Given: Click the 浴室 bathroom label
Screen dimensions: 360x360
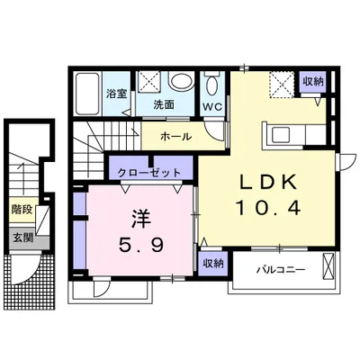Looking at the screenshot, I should [x=116, y=93].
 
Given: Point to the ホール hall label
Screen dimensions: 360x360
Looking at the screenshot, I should [x=175, y=137].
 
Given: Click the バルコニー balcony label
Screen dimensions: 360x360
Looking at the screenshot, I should [x=279, y=268].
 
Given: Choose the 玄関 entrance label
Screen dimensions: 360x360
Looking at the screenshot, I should [x=21, y=238].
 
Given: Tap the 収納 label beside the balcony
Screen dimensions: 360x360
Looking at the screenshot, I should [x=212, y=263].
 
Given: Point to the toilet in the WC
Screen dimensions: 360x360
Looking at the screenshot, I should [x=212, y=87].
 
